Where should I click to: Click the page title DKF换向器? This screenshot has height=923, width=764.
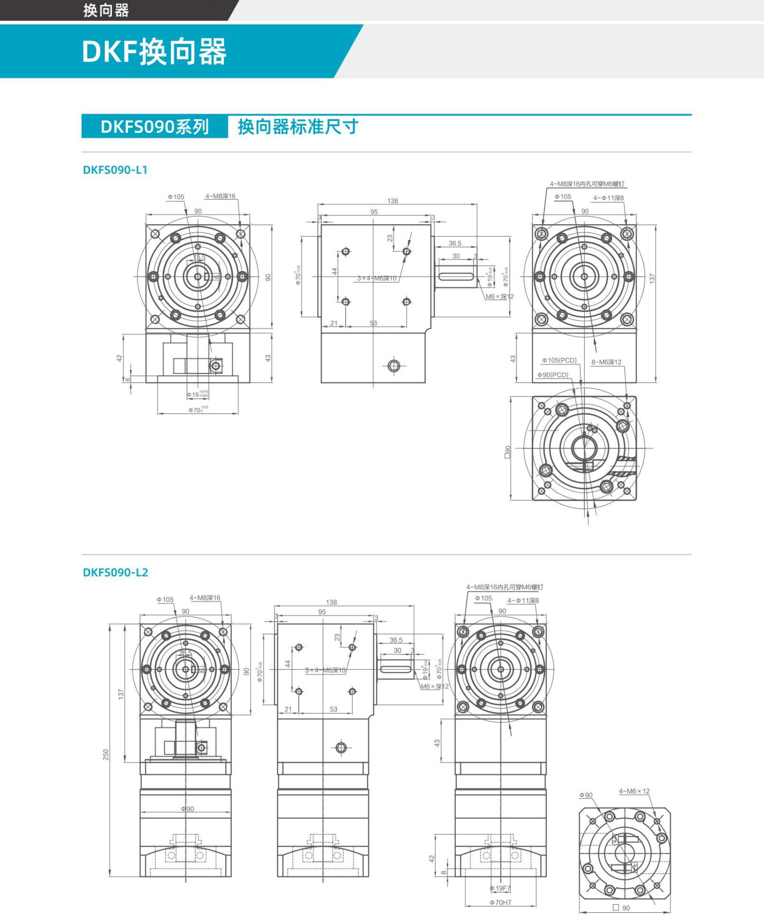[x=154, y=52]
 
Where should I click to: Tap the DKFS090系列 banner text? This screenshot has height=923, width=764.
[x=154, y=127]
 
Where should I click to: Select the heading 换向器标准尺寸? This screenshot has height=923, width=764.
[x=298, y=127]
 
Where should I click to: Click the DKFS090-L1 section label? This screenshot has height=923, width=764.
[x=115, y=170]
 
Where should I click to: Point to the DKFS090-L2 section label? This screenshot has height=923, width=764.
[x=115, y=573]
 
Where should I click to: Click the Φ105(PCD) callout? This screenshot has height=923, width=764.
[x=559, y=360]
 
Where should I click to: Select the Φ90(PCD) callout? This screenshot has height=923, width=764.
[x=553, y=375]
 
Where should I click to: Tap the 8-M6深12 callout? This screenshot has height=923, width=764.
[x=606, y=362]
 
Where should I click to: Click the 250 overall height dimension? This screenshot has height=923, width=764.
[x=106, y=754]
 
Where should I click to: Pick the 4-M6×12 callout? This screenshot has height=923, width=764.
[x=634, y=791]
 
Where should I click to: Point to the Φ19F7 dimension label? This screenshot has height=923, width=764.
[x=500, y=888]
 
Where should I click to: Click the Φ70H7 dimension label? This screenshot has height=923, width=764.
[x=500, y=902]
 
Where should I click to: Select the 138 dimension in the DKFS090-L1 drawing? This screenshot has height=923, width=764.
[x=392, y=201]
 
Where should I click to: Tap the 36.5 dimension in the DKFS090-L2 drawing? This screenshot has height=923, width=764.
[x=396, y=640]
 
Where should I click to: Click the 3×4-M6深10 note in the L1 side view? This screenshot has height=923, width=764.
[x=377, y=278]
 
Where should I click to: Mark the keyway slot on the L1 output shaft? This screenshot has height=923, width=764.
[x=456, y=276]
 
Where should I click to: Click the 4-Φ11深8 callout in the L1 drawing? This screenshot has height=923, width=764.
[x=608, y=198]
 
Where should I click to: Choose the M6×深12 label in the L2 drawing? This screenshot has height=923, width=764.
[x=434, y=686]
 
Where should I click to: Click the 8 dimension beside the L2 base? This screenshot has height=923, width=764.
[x=444, y=872]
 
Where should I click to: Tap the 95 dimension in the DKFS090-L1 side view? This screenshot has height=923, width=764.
[x=374, y=212]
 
